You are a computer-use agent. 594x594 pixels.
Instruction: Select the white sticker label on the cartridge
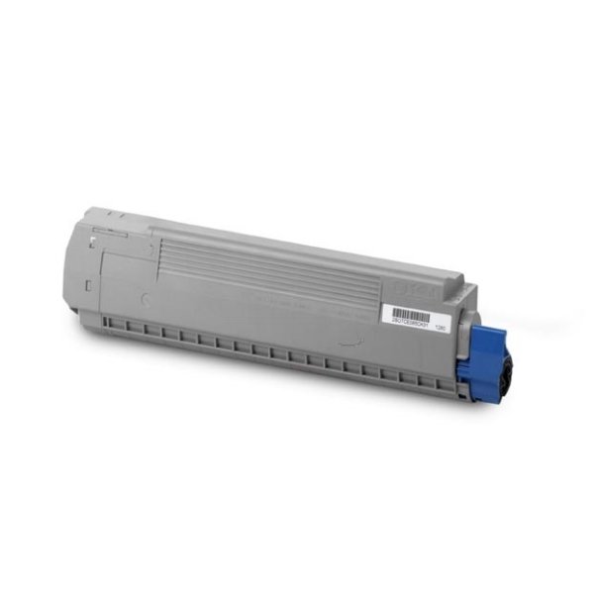pyautogui.click(x=416, y=315)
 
